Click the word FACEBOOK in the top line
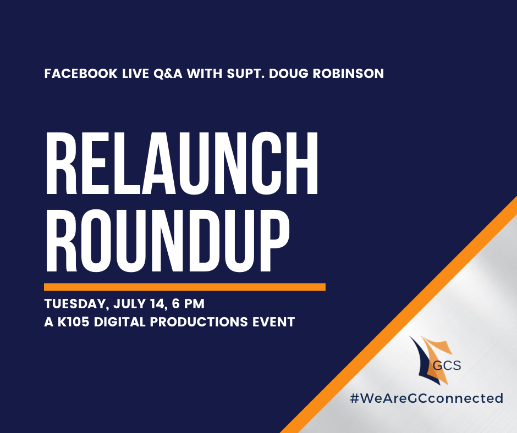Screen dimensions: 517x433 coord(81,74)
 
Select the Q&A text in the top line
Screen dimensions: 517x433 coord(168,74)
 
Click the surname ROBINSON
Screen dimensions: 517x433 coord(348,74)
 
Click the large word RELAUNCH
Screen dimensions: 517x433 coord(182,163)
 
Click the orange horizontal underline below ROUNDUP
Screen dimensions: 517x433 coord(185,287)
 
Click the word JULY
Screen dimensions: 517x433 coord(129,304)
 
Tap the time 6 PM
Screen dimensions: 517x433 coord(188,304)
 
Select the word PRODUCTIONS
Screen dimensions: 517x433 coord(199,322)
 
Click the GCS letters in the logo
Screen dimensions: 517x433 coord(447,365)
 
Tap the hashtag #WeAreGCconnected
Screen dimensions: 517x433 coord(427,398)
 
